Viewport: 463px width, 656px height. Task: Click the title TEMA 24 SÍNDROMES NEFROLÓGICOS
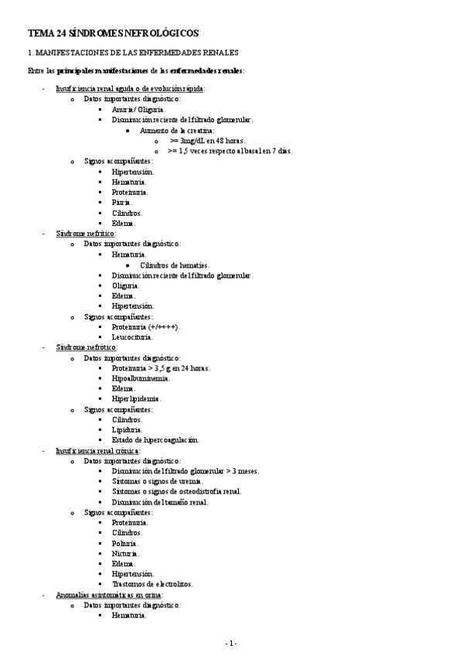[x=113, y=33]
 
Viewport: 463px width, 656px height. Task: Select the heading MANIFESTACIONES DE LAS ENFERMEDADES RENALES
[x=132, y=53]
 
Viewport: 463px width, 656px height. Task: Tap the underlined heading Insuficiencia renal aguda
[x=130, y=89]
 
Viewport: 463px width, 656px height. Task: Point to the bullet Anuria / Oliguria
[x=138, y=110]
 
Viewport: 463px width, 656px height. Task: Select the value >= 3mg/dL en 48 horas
[x=206, y=141]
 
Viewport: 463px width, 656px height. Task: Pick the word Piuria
[x=122, y=202]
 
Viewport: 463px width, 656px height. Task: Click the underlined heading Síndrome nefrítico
[x=86, y=233]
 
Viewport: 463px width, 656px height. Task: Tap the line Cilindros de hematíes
[x=180, y=265]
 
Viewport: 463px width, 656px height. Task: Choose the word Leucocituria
[x=132, y=337]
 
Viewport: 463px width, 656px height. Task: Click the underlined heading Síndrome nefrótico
[x=86, y=347]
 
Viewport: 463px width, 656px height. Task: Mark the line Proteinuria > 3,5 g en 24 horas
[x=161, y=368]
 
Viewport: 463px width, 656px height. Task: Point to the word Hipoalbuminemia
[x=141, y=378]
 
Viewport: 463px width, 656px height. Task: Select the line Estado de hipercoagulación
[x=155, y=440]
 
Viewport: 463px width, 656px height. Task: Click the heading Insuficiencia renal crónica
[x=97, y=450]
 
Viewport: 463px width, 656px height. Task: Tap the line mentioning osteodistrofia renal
[x=176, y=491]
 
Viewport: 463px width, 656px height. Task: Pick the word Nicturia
[x=125, y=553]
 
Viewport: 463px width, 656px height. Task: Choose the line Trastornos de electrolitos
[x=152, y=584]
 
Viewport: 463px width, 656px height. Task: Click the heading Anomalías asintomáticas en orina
[x=104, y=595]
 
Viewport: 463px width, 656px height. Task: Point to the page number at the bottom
[x=231, y=644]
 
